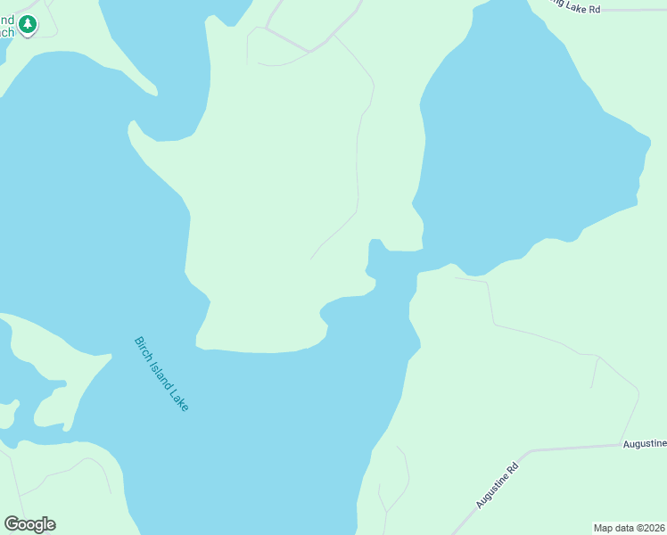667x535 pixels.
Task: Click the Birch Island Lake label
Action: (x=161, y=373)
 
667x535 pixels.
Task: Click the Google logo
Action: (x=29, y=524)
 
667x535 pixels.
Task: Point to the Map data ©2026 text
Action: (x=629, y=527)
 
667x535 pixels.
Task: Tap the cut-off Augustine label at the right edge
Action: (x=644, y=443)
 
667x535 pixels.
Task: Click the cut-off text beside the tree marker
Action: (x=7, y=26)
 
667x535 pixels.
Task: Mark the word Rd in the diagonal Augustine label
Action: (x=512, y=469)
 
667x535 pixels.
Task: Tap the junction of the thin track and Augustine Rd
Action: (x=620, y=444)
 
